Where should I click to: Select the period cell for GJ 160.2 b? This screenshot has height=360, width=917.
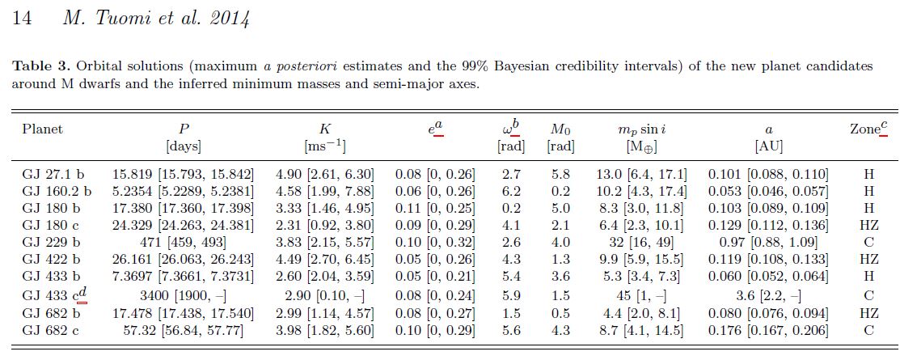[184, 191]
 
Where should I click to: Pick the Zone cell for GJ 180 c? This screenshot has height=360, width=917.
[868, 225]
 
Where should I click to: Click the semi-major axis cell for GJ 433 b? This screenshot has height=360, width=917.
[767, 277]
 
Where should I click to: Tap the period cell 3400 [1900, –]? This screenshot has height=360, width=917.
[184, 294]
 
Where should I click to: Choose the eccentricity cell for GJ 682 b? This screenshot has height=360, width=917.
[434, 312]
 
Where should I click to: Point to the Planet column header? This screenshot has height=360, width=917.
[42, 129]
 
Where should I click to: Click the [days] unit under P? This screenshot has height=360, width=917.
[184, 146]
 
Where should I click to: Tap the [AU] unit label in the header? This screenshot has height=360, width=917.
[767, 146]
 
